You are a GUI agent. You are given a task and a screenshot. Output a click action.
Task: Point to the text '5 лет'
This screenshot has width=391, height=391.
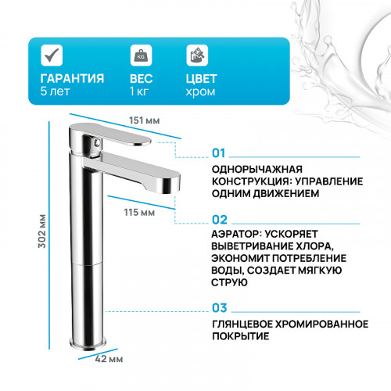(55, 92)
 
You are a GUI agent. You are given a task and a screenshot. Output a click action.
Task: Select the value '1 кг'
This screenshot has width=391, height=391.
(139, 92)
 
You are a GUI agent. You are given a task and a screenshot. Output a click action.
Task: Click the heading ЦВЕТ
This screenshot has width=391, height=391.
(201, 80)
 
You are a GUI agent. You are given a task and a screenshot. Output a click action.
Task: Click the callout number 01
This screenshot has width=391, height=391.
(219, 152)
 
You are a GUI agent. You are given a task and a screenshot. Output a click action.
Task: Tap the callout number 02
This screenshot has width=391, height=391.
(219, 221)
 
